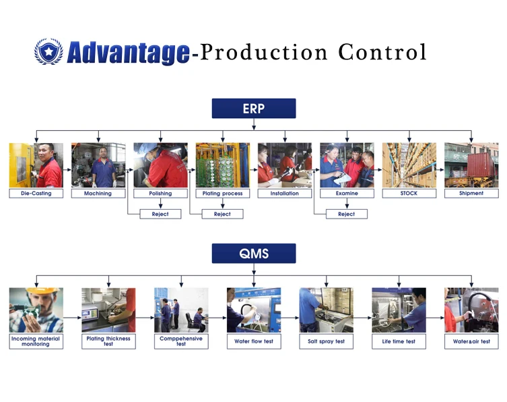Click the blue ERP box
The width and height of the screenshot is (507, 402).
pyautogui.click(x=253, y=109)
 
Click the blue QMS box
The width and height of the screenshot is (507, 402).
pyautogui.click(x=253, y=254)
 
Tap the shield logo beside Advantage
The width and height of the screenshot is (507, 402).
pyautogui.click(x=48, y=52)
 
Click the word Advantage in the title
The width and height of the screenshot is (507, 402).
pyautogui.click(x=128, y=53)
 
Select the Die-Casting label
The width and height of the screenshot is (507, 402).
pyautogui.click(x=36, y=194)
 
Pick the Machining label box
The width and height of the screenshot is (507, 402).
pyautogui.click(x=98, y=194)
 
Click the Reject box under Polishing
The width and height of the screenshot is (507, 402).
pyautogui.click(x=160, y=214)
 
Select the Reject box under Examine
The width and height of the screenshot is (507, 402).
pyautogui.click(x=346, y=214)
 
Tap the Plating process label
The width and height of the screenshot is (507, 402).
pyautogui.click(x=222, y=194)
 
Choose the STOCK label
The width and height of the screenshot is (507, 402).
pyautogui.click(x=409, y=194)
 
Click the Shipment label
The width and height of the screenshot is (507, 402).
pyautogui.click(x=471, y=194)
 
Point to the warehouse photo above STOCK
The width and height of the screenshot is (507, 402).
pyautogui.click(x=409, y=165)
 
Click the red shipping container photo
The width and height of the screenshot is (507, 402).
pyautogui.click(x=471, y=165)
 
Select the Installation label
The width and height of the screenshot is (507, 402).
pyautogui.click(x=284, y=194)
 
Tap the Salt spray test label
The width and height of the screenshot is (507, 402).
pyautogui.click(x=326, y=341)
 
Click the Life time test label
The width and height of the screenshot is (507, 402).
pyautogui.click(x=399, y=341)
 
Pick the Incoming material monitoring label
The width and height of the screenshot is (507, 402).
pyautogui.click(x=36, y=341)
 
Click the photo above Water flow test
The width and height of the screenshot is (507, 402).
pyautogui.click(x=253, y=310)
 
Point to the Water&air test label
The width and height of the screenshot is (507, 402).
pyautogui.click(x=471, y=341)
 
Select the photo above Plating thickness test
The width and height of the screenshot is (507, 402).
pyautogui.click(x=108, y=310)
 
